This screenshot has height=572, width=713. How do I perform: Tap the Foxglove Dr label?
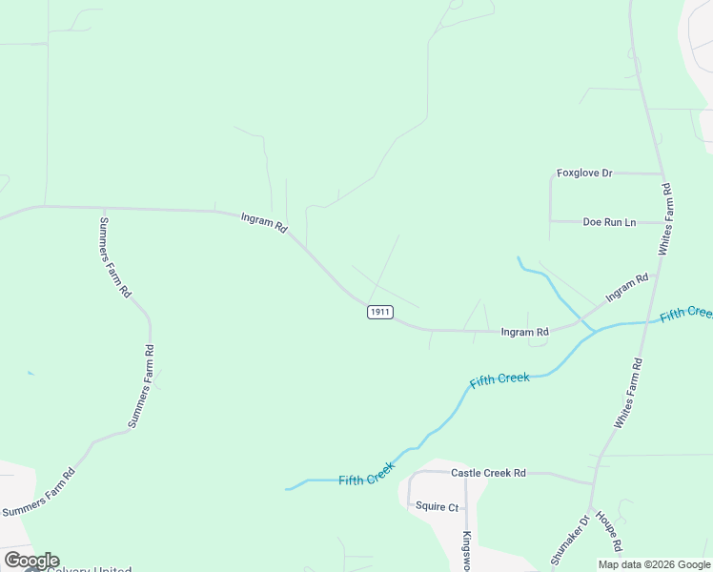click(x=584, y=174)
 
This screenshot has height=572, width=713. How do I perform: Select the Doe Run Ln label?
click(x=609, y=222)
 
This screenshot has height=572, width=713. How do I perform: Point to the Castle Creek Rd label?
click(x=489, y=473)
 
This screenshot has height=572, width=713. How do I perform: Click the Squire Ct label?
click(x=438, y=507)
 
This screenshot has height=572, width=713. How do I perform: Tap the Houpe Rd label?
click(x=609, y=532)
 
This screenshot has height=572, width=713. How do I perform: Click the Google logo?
click(x=31, y=561)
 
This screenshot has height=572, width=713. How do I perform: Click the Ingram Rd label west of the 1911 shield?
click(x=265, y=223)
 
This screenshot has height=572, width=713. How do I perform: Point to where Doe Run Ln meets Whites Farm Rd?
click(x=665, y=223)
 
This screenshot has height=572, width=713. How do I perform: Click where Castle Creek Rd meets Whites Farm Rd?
click(x=595, y=481)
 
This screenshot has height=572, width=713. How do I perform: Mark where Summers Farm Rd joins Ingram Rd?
click(x=102, y=207)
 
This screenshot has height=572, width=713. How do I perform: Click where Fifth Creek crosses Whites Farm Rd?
click(x=651, y=321)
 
